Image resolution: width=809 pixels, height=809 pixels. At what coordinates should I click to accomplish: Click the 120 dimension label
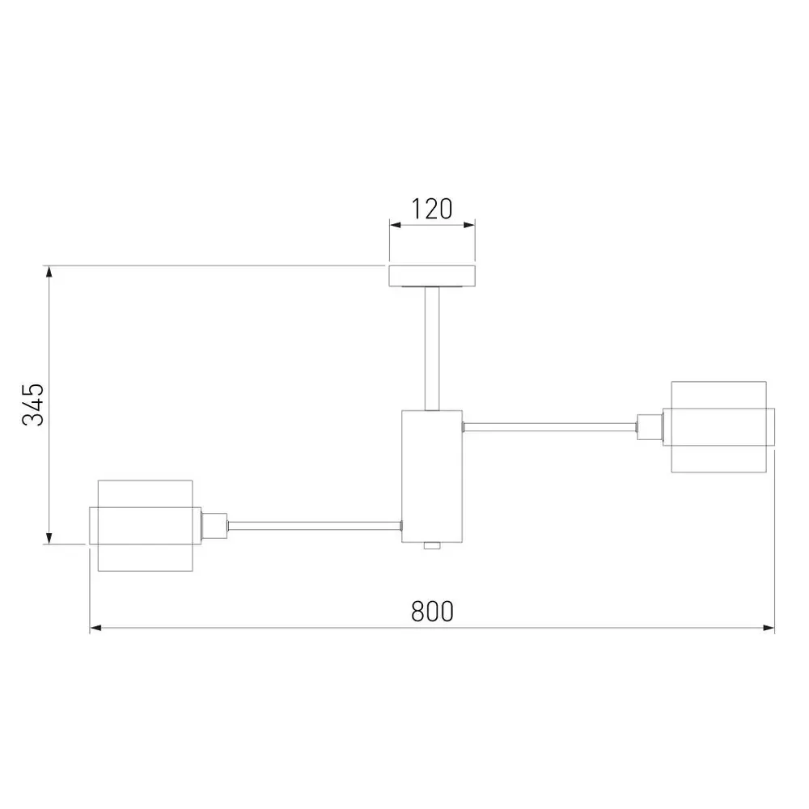(432, 209)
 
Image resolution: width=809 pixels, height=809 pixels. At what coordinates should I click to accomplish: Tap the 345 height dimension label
(33, 404)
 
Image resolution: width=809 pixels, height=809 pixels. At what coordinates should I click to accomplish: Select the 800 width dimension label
(432, 612)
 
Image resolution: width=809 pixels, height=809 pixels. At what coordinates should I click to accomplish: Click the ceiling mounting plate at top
(432, 276)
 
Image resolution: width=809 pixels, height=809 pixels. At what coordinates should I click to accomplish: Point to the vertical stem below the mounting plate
(432, 349)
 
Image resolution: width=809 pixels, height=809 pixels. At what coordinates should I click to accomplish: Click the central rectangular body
(432, 477)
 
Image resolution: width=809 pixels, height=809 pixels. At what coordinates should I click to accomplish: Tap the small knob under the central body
(432, 546)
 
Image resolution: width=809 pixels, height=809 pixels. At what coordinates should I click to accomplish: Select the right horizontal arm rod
(550, 427)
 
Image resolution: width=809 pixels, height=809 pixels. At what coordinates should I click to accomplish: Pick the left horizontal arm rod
(315, 526)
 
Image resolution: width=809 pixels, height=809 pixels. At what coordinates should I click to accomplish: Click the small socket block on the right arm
(650, 427)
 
